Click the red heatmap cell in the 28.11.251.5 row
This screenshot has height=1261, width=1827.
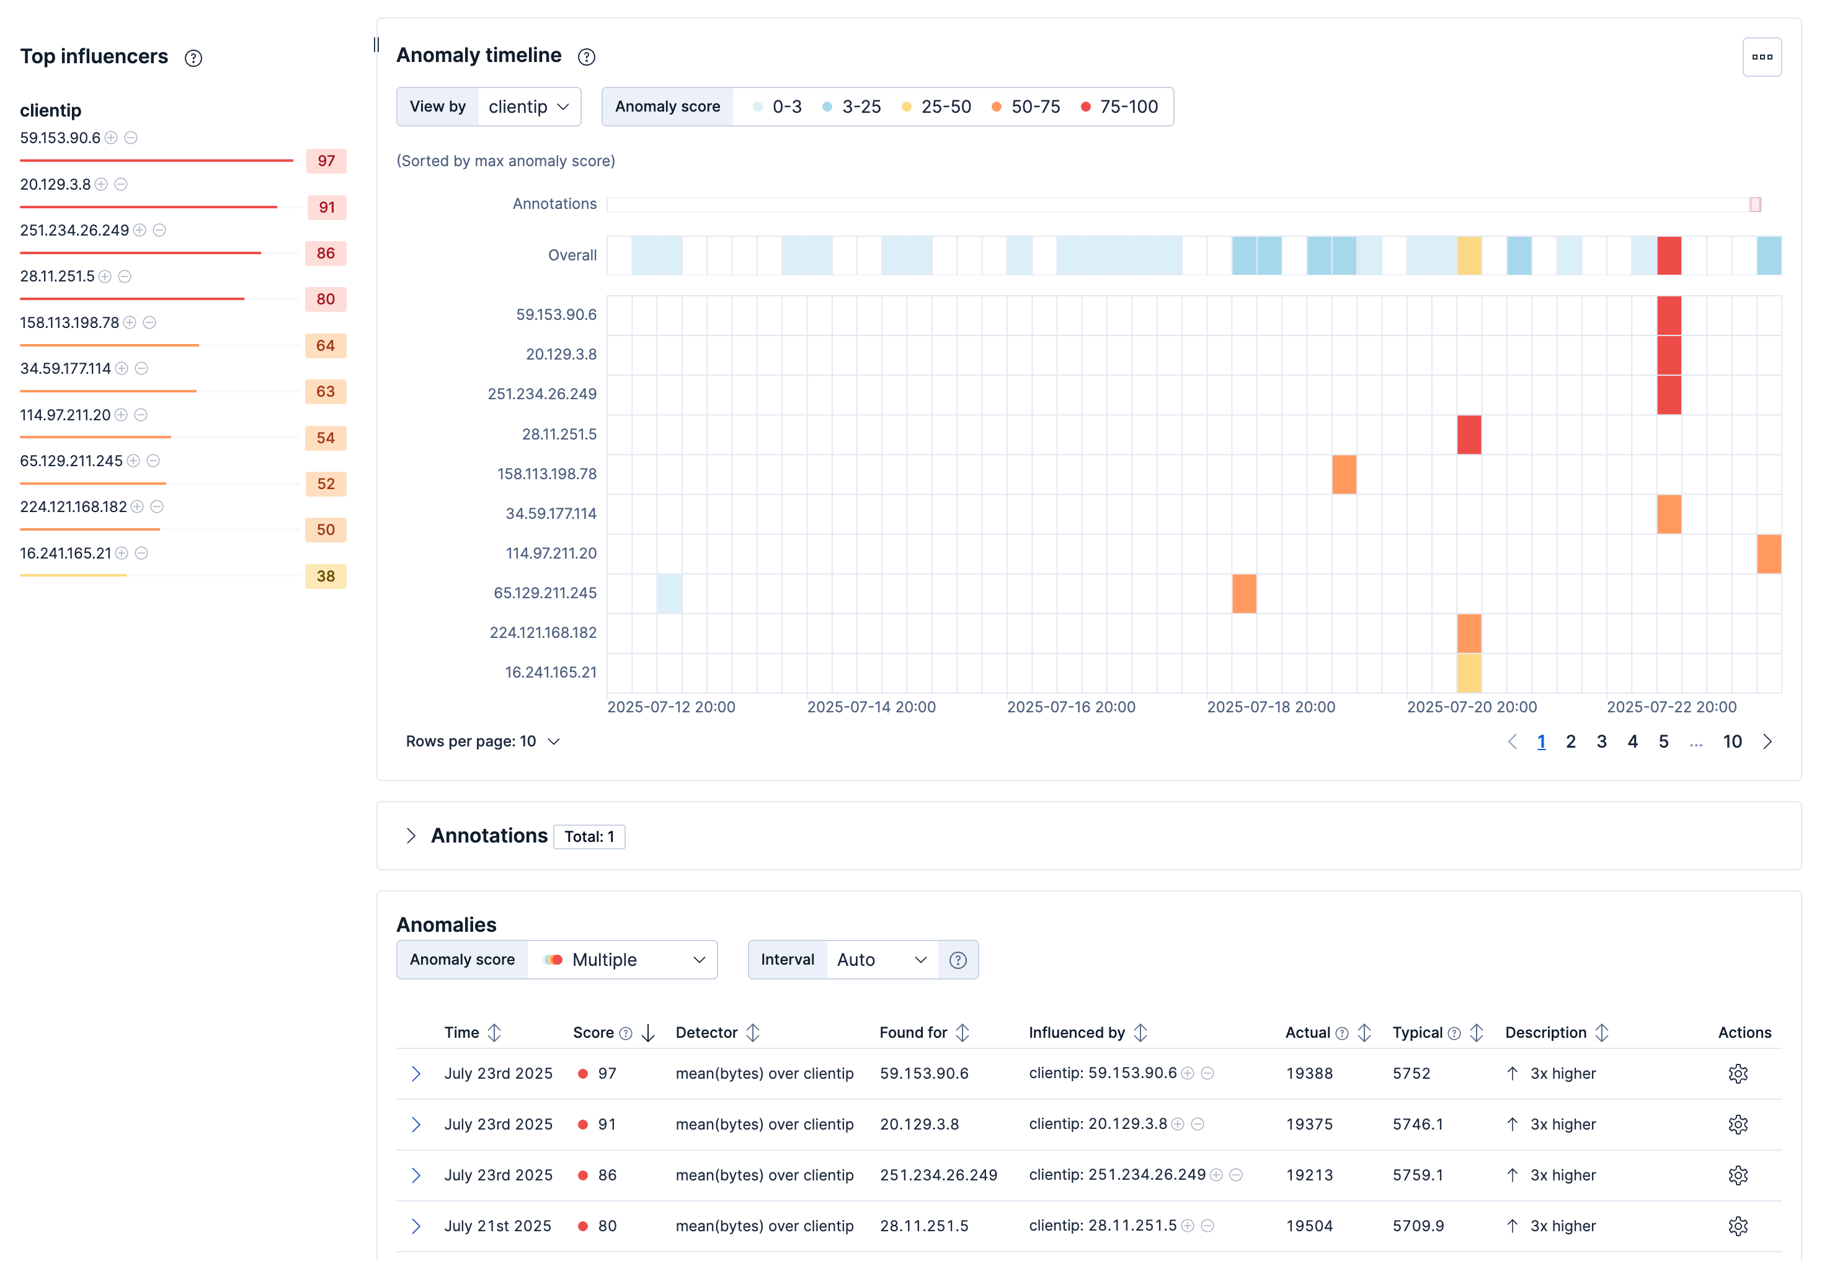1469,435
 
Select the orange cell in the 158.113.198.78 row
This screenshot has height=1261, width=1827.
1343,474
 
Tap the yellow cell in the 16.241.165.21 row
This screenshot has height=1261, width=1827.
1469,673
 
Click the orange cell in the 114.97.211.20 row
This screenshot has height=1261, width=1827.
1769,553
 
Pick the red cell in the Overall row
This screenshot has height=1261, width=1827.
1668,255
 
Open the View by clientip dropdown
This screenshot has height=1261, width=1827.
528,107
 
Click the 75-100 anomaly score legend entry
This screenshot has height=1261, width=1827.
1119,107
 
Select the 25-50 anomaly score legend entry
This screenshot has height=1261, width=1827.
936,107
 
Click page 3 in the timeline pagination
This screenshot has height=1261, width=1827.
1601,741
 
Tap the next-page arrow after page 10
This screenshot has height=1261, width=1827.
1767,741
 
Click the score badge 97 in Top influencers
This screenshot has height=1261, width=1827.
326,161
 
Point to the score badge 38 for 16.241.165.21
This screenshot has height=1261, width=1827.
326,576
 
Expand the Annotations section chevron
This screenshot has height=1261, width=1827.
411,836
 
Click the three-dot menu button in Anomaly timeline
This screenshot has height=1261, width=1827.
1761,57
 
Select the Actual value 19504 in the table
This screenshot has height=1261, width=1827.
1309,1226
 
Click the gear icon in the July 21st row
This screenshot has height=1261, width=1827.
1737,1226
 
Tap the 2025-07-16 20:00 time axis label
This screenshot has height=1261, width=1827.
1071,707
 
